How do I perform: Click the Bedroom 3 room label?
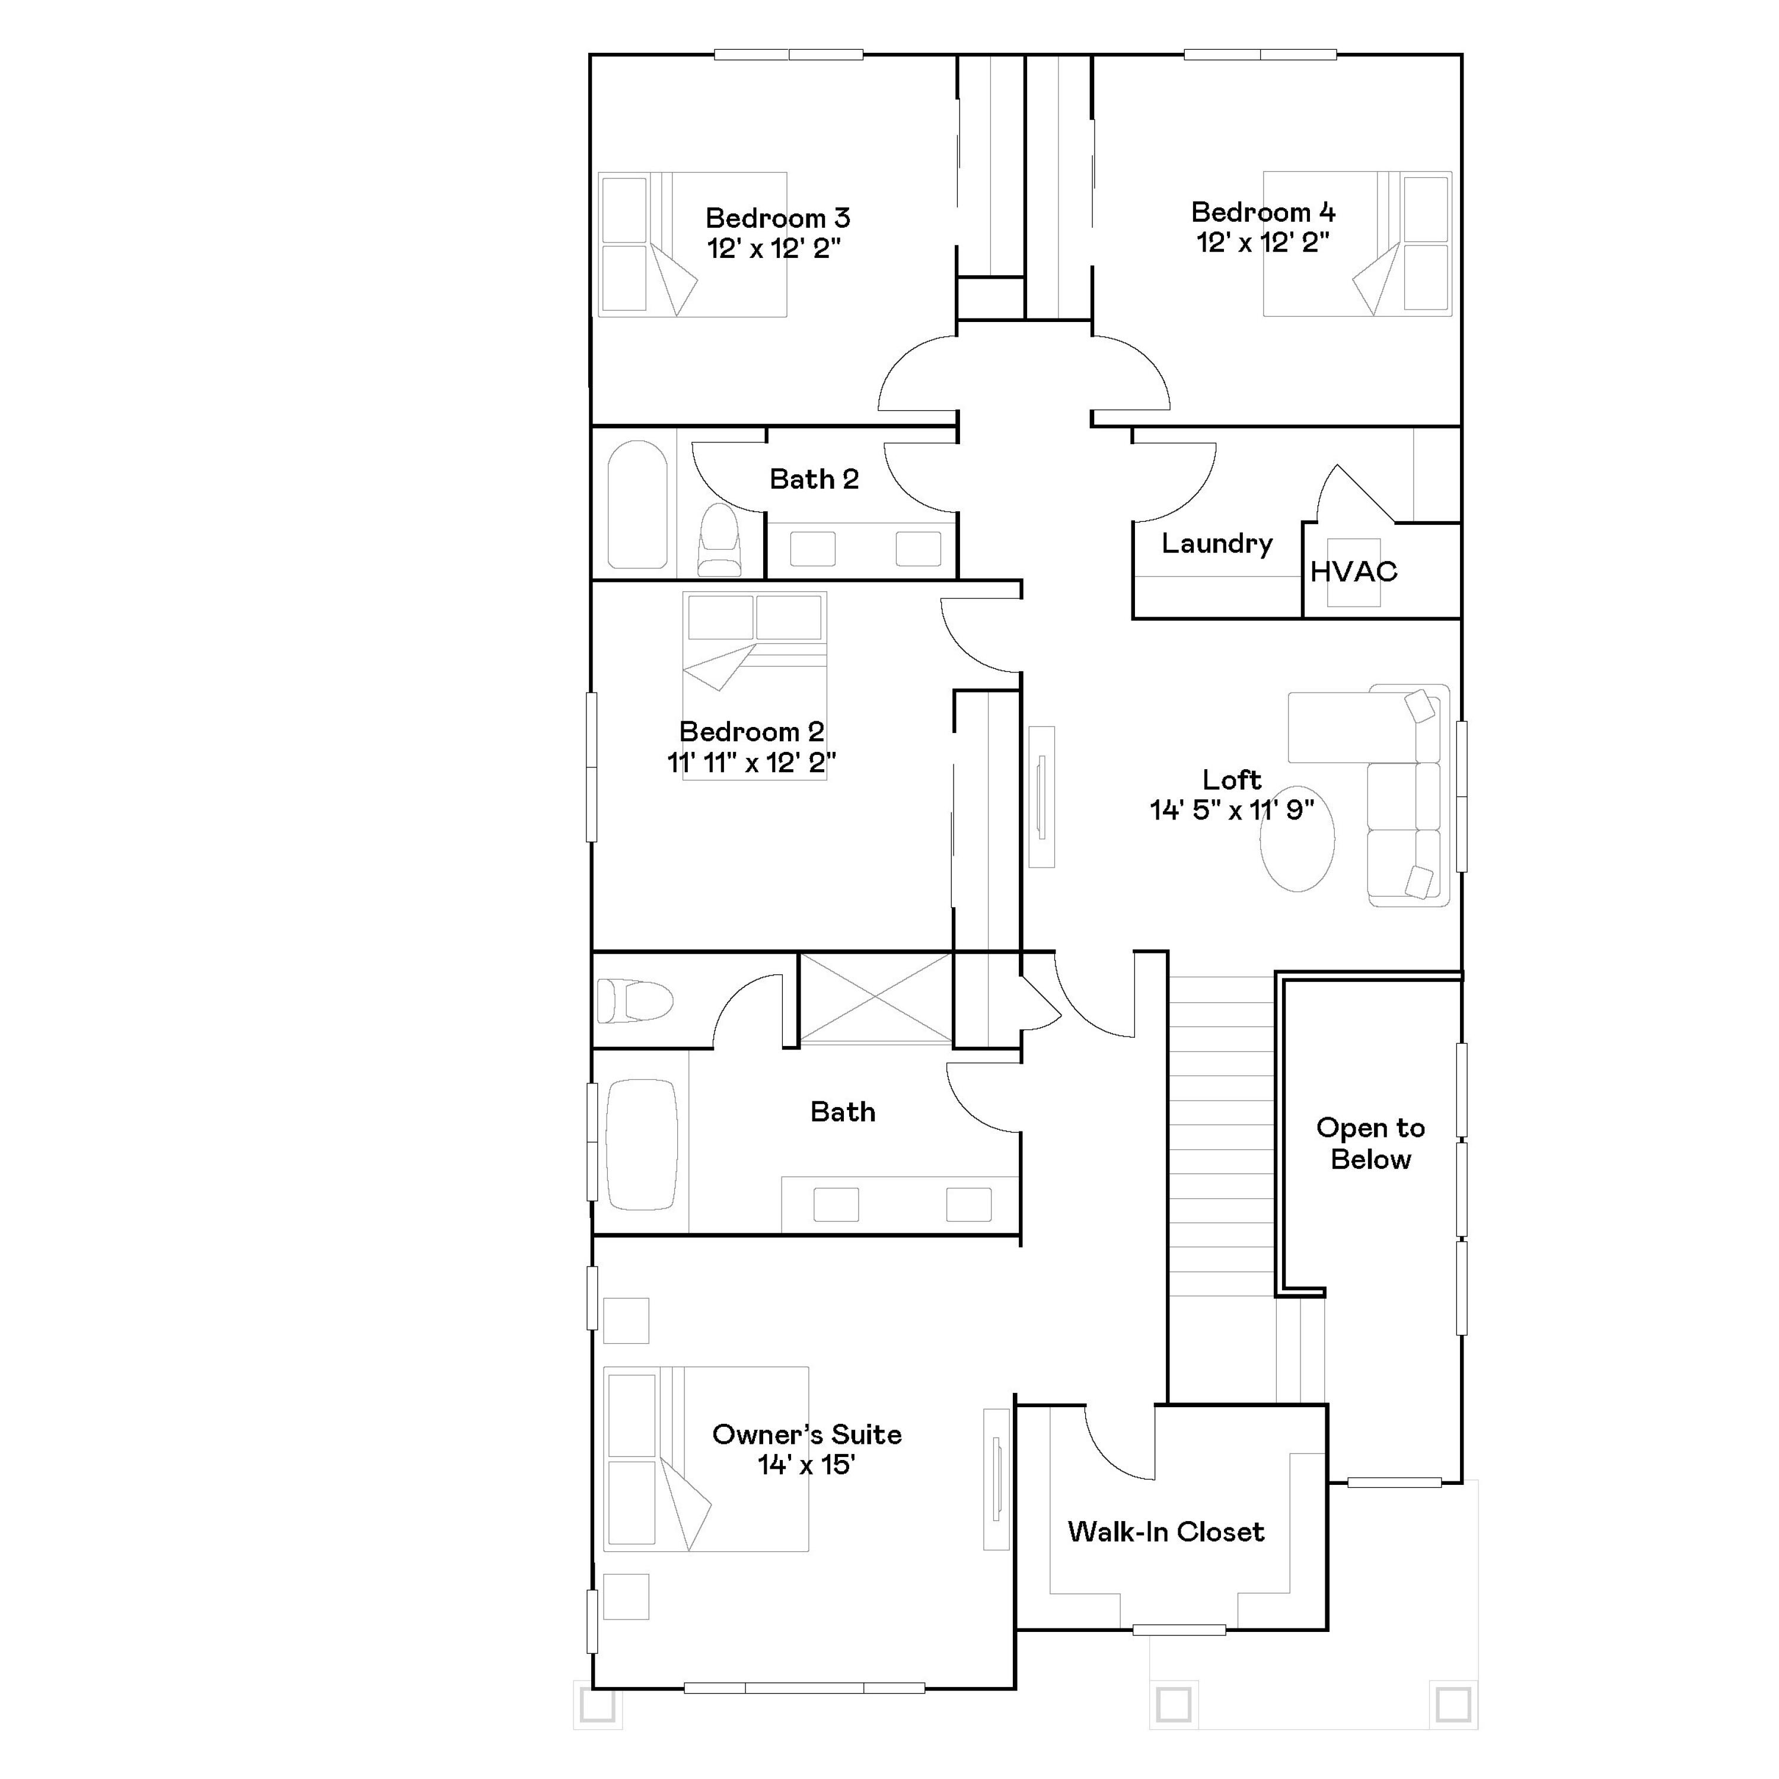777,218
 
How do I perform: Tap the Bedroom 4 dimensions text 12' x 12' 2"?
1262,242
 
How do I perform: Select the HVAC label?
1354,572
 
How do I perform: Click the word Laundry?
1216,543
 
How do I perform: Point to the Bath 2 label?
814,479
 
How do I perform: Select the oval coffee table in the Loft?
1296,838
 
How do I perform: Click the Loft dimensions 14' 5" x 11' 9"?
1231,810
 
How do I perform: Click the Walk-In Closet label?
1166,1531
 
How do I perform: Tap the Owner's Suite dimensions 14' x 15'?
806,1464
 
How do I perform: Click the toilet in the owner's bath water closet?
635,1001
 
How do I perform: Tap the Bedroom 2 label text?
751,732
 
